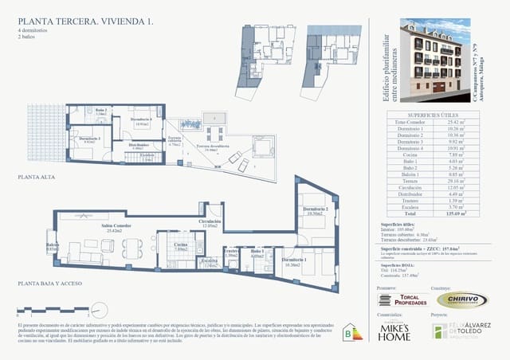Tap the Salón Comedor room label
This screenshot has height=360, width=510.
tap(116, 226)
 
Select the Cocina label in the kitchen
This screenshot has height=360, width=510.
tap(181, 245)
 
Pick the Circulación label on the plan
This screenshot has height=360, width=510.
tap(210, 222)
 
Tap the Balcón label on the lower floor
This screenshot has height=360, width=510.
tap(53, 246)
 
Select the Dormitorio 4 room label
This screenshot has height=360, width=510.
tap(141, 120)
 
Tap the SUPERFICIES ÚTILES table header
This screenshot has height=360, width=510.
tap(429, 115)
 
